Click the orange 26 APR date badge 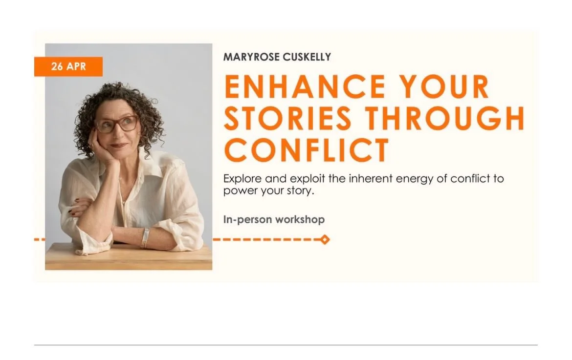tap(68, 67)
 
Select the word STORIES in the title tap(287, 118)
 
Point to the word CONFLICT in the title tap(307, 149)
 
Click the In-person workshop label tap(274, 219)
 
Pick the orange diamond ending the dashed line tap(325, 239)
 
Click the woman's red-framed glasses tap(117, 124)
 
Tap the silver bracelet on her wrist tap(145, 237)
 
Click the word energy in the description tap(410, 179)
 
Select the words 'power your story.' tap(267, 191)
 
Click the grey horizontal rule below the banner tap(286, 345)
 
